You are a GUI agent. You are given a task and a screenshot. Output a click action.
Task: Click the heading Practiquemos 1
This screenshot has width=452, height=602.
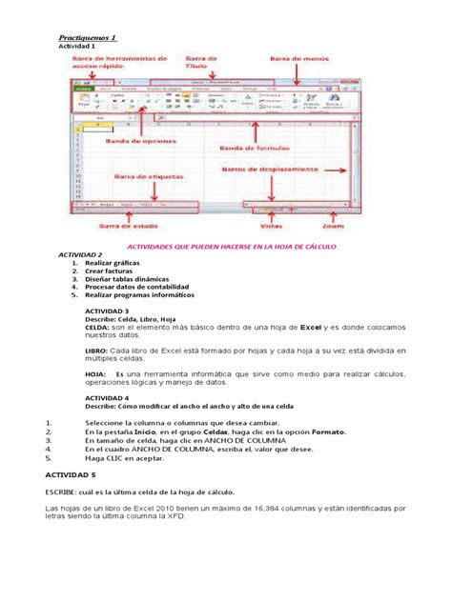click(88, 38)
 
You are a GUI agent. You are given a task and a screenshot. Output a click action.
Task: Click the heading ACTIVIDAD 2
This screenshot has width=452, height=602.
click(80, 256)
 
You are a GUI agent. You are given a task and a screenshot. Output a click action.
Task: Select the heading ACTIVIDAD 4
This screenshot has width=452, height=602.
click(107, 398)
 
